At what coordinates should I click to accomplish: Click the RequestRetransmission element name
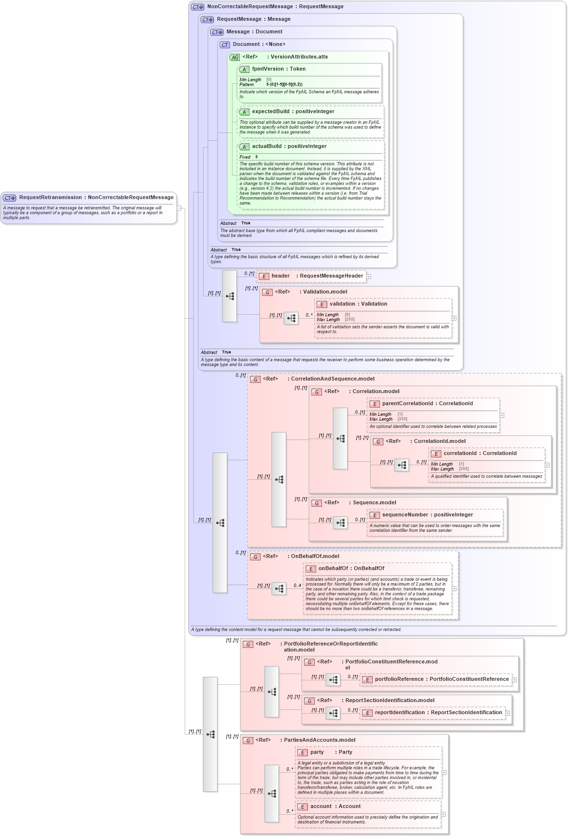[x=50, y=197]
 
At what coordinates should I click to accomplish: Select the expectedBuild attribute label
[x=270, y=112]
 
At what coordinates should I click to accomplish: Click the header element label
[x=280, y=276]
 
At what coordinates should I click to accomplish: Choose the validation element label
[x=342, y=304]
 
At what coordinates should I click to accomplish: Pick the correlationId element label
[x=460, y=454]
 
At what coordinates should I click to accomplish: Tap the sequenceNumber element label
[x=405, y=515]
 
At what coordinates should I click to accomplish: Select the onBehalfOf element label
[x=333, y=569]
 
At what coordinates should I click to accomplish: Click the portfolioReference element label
[x=399, y=679]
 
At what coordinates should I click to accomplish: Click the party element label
[x=317, y=752]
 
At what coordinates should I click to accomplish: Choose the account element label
[x=321, y=807]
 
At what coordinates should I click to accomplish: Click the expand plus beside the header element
[x=368, y=277]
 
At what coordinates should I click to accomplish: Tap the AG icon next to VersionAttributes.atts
[x=234, y=58]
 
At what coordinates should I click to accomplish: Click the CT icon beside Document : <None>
[x=225, y=45]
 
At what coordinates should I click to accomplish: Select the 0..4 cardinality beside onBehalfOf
[x=297, y=586]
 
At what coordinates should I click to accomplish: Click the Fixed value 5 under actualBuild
[x=257, y=157]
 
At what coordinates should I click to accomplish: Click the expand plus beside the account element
[x=443, y=814]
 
